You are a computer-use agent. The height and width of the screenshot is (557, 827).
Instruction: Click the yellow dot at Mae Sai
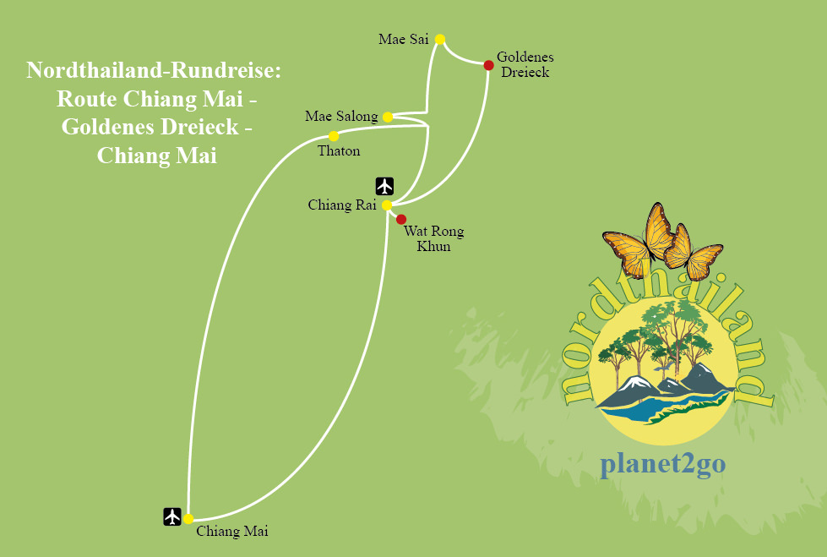point(440,38)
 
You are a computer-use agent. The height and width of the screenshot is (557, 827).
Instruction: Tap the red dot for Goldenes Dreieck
point(488,65)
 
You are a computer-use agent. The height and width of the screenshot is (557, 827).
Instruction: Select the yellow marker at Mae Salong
point(388,117)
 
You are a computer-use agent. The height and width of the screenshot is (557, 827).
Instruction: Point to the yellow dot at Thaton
point(334,136)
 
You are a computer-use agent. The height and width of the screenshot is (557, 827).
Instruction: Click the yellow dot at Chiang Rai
point(386,205)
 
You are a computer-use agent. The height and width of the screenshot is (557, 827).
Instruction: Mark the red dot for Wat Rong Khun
point(401,220)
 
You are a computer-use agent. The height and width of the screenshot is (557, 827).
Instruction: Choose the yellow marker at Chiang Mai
point(188,518)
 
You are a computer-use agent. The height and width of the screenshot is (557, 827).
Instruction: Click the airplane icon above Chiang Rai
point(385,186)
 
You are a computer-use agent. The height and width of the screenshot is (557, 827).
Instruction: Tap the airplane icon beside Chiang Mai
point(172,516)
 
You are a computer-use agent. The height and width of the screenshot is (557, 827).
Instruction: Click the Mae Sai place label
point(404,39)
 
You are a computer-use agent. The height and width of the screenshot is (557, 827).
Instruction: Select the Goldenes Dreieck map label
point(525,64)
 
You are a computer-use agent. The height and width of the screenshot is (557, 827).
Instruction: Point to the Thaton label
point(339,151)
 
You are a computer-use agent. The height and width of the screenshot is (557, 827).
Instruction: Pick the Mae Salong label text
point(341,117)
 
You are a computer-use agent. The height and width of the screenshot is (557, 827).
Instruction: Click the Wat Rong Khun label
point(433,239)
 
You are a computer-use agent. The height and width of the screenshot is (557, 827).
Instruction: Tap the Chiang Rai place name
point(341,205)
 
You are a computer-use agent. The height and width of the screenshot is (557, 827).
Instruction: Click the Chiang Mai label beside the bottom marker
point(231,532)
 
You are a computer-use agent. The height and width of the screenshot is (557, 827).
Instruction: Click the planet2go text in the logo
point(663,464)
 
